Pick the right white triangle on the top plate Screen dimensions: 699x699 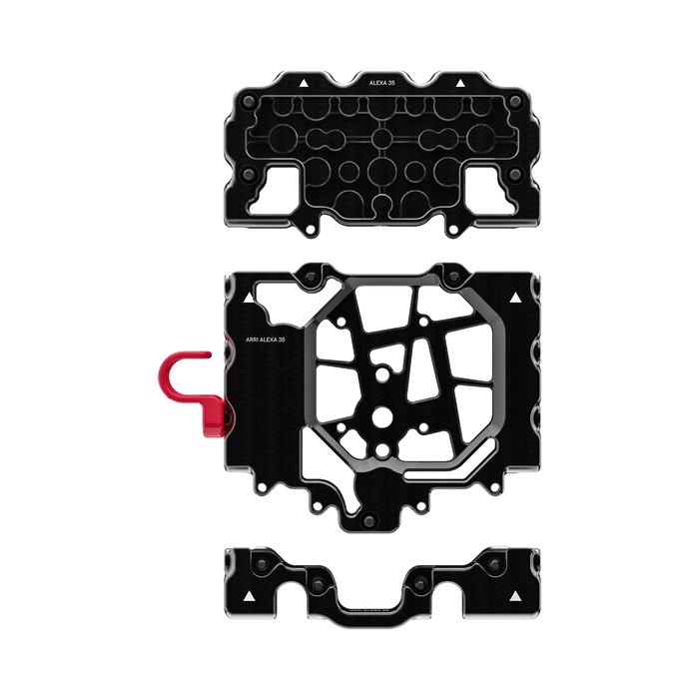(x=459, y=82)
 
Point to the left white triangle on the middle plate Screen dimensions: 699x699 (x=245, y=298)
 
